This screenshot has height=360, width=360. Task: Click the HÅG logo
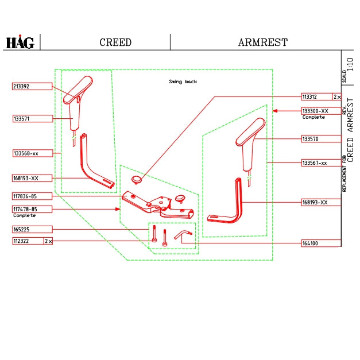pos(20,42)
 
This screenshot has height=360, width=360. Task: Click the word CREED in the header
pos(115,42)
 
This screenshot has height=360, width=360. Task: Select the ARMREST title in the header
pos(262,42)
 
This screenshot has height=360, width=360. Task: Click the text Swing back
pos(183,82)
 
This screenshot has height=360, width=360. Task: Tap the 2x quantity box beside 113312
pos(337,97)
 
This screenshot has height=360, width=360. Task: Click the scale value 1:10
pos(350,63)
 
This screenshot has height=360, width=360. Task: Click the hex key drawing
pos(183,235)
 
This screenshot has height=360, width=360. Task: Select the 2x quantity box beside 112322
pos(49,241)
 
